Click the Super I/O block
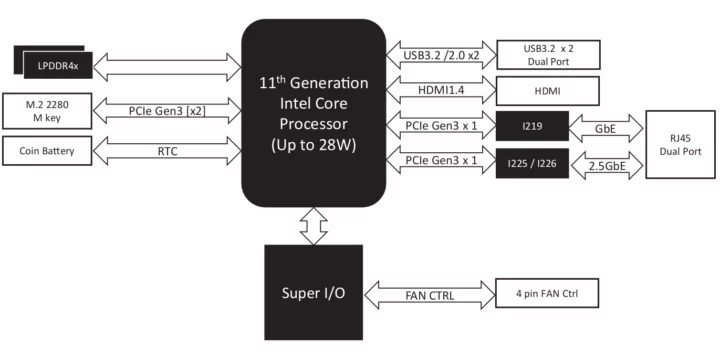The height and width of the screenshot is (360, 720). point(314,295)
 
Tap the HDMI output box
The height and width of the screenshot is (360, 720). point(547,91)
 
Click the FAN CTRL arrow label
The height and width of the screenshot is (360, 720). point(429,295)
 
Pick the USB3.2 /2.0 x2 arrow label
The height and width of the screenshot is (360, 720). point(441,52)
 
